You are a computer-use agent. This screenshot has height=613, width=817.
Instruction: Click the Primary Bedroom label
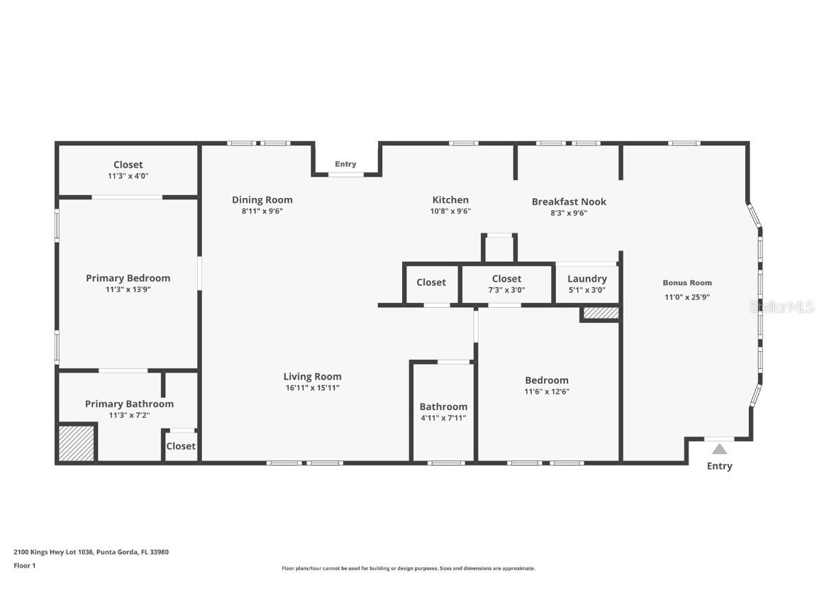click(128, 278)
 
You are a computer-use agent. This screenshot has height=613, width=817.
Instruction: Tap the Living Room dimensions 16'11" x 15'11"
click(312, 388)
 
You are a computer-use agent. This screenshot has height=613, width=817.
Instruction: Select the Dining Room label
click(262, 200)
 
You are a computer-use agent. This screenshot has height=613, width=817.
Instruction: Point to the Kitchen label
click(450, 200)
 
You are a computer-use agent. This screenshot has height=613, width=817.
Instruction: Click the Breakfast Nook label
click(569, 201)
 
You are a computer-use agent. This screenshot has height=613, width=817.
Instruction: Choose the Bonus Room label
click(687, 282)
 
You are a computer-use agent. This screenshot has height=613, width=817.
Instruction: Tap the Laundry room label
click(587, 279)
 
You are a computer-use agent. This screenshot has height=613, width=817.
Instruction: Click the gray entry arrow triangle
click(719, 449)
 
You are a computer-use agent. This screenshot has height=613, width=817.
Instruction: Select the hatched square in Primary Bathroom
click(76, 443)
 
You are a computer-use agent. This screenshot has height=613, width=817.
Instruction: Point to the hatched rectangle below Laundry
click(601, 313)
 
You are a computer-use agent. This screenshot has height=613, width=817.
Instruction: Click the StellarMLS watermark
click(782, 306)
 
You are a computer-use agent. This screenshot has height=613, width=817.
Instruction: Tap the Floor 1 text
click(24, 565)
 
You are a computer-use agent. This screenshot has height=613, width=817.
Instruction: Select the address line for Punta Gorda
click(91, 551)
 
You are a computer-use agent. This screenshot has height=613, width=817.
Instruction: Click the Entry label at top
click(345, 164)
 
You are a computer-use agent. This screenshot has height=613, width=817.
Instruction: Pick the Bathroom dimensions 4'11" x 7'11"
click(443, 418)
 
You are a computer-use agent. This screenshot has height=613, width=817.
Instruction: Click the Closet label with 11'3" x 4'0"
click(128, 165)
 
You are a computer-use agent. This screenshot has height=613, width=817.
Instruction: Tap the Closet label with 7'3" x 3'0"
click(506, 279)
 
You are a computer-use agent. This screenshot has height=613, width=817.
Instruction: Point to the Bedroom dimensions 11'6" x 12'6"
click(546, 392)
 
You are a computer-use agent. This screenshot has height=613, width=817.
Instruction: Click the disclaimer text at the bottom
click(408, 568)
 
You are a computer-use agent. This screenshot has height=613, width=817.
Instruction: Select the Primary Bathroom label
click(129, 404)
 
